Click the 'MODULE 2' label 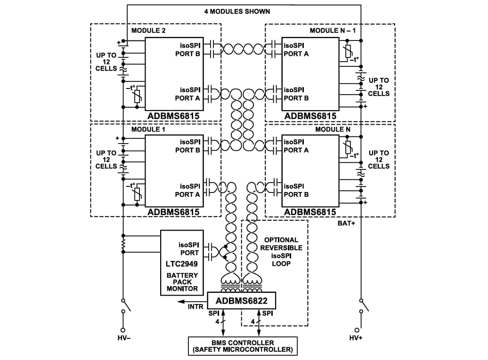point(148,31)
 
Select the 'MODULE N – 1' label point(333,31)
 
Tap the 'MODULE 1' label point(148,129)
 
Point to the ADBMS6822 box point(241,301)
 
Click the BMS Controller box point(243,346)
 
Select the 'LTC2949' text point(182,264)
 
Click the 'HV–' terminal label point(124,338)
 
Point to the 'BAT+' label point(347,223)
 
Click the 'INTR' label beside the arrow point(195,307)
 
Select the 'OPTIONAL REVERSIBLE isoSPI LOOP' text point(281,252)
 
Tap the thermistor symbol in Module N point(348,148)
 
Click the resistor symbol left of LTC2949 point(123,244)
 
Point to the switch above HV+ point(363,305)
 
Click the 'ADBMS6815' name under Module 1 point(173,212)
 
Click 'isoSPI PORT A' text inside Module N point(296,146)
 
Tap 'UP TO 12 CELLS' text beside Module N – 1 point(379,87)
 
